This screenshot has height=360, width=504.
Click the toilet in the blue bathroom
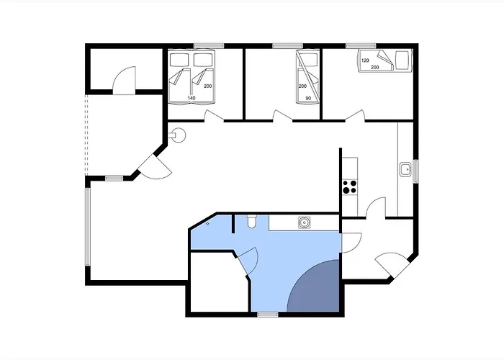(x=251, y=222)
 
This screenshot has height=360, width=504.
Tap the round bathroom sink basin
(x=304, y=222)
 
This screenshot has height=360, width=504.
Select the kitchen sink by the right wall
(x=405, y=169)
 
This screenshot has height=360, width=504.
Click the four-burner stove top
(x=350, y=186)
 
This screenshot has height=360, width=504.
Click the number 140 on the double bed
(x=192, y=98)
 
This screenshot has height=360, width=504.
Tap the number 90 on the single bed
(x=308, y=99)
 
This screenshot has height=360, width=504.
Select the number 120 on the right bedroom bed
(x=365, y=60)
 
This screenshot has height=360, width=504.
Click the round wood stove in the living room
(x=178, y=135)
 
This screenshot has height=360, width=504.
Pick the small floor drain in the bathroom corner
(x=207, y=223)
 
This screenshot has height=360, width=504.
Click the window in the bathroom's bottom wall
(x=267, y=315)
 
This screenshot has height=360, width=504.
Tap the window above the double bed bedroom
(x=209, y=45)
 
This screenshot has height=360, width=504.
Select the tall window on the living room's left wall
(x=87, y=227)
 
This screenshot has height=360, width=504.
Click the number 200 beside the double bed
(x=207, y=86)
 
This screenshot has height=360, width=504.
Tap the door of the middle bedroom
(x=282, y=116)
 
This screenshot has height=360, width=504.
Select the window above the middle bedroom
(x=288, y=45)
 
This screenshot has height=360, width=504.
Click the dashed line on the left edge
(x=86, y=135)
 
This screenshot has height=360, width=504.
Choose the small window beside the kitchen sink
(x=415, y=171)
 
